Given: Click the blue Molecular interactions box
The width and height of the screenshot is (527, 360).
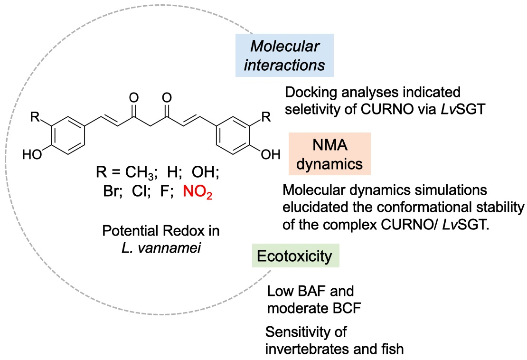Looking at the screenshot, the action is pyautogui.click(x=284, y=55).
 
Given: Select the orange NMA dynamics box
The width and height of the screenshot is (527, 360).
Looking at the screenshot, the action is pyautogui.click(x=329, y=154).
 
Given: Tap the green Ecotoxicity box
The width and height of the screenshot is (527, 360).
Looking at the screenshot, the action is pyautogui.click(x=295, y=256).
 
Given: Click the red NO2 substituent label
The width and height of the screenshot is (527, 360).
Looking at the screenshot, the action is pyautogui.click(x=198, y=192).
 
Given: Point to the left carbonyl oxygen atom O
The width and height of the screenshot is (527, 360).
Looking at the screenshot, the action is pyautogui.click(x=134, y=98).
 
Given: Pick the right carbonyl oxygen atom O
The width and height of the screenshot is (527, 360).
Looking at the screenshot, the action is pyautogui.click(x=167, y=98).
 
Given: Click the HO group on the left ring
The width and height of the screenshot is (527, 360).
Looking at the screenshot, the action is pyautogui.click(x=32, y=155).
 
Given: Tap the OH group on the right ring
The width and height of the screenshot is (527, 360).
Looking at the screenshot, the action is pyautogui.click(x=271, y=155).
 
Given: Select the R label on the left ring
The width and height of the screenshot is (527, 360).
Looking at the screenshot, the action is pyautogui.click(x=35, y=117).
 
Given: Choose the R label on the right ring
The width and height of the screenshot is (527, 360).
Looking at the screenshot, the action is pyautogui.click(x=266, y=117).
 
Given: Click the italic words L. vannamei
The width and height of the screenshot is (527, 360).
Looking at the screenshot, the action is pyautogui.click(x=161, y=248).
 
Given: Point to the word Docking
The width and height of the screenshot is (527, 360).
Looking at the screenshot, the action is pyautogui.click(x=311, y=93).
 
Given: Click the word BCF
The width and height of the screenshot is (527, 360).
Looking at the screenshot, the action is pyautogui.click(x=346, y=308).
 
